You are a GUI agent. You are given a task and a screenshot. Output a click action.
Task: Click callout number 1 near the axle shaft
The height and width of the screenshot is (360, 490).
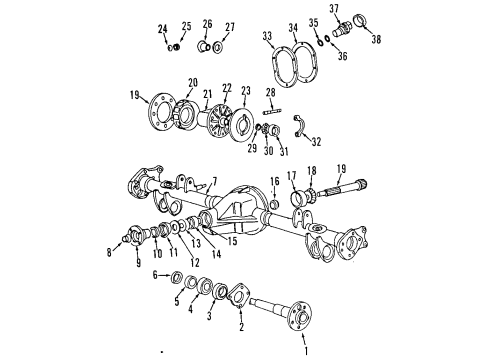[305, 351]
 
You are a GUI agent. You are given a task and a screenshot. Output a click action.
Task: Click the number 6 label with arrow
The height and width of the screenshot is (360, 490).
[155, 274]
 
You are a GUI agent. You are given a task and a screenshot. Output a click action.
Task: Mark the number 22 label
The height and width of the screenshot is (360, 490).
[227, 89]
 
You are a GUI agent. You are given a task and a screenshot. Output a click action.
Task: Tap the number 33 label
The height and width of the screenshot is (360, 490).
[266, 37]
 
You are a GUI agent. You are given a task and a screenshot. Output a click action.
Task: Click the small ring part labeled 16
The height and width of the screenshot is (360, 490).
[273, 206]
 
